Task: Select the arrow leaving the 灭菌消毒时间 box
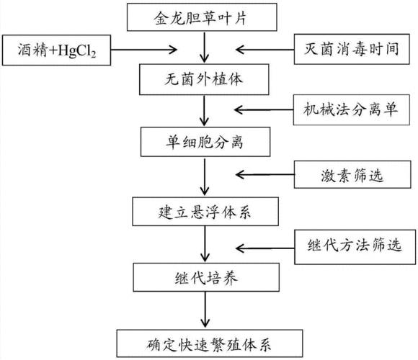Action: click(x=267, y=50)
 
